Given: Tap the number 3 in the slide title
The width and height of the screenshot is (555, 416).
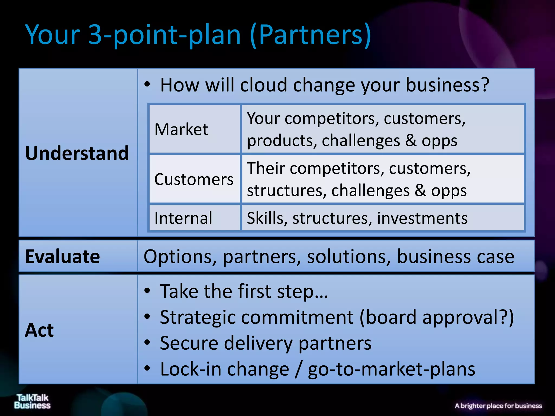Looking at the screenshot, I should (x=95, y=35).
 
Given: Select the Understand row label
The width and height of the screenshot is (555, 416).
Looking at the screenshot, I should (x=77, y=153).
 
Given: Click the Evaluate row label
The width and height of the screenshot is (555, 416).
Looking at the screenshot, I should (x=62, y=256).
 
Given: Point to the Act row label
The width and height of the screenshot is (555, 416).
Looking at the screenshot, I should (x=39, y=330).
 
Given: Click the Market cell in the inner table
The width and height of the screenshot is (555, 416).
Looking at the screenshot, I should (x=181, y=129).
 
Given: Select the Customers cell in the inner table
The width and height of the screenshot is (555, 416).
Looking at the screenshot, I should (x=193, y=179).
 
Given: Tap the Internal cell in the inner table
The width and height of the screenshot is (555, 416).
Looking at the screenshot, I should (x=183, y=218).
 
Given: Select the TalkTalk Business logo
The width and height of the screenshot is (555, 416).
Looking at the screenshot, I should (x=32, y=401).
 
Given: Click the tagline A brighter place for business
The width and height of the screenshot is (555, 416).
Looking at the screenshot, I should (x=498, y=406).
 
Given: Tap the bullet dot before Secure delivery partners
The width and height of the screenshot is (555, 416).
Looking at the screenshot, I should (x=147, y=343).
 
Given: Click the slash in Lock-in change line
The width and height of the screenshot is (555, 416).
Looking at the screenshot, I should (x=298, y=369).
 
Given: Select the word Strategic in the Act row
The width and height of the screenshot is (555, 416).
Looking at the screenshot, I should (x=198, y=317).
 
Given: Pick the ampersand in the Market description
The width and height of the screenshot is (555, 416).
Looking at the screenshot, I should (x=411, y=141).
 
